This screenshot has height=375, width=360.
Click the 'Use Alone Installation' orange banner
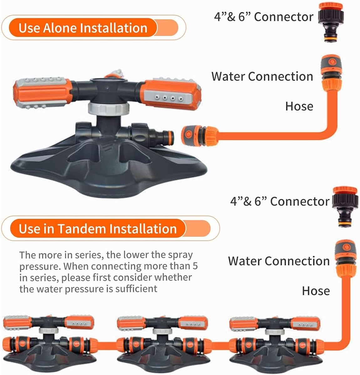pos(83,28)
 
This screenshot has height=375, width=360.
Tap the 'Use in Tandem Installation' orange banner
pos(98,228)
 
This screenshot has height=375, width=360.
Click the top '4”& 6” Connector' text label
pos(264,17)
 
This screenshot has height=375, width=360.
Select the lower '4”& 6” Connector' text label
pos(280,201)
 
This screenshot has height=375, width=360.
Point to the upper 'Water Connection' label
pos(262,76)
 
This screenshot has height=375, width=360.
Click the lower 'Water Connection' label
pos(279,261)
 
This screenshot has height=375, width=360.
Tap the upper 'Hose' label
pos(299,107)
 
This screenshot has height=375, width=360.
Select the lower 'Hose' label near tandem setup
pos(316,291)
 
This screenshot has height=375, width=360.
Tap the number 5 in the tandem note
pos(195,266)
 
